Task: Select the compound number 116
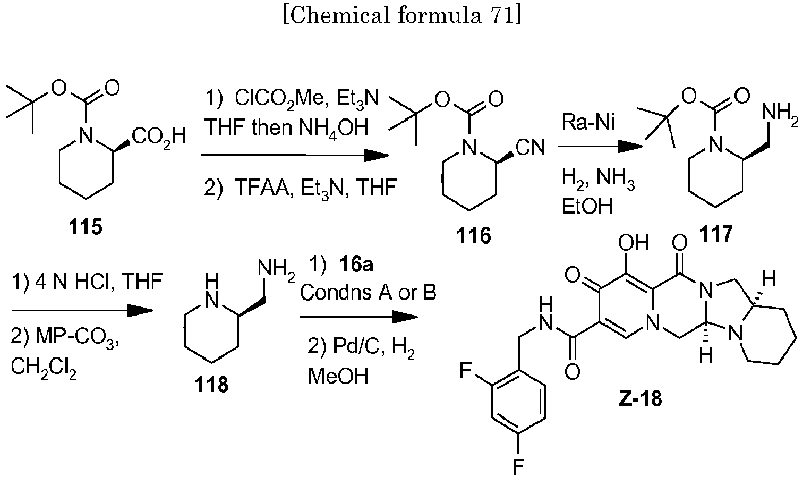tap(474, 234)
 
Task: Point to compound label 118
tap(212, 384)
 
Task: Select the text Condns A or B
tap(369, 292)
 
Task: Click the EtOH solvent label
tap(587, 207)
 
